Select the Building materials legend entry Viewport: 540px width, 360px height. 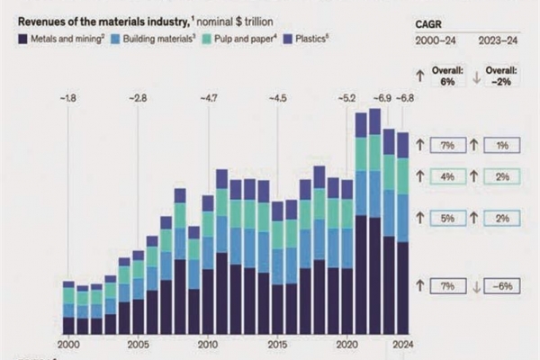(x=154, y=40)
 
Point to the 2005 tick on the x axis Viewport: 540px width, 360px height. (x=138, y=344)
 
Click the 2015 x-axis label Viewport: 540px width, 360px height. (x=277, y=344)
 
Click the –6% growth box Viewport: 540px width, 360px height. (x=502, y=285)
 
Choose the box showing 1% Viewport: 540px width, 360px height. (x=502, y=145)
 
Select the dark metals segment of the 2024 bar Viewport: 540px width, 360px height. (x=403, y=288)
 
